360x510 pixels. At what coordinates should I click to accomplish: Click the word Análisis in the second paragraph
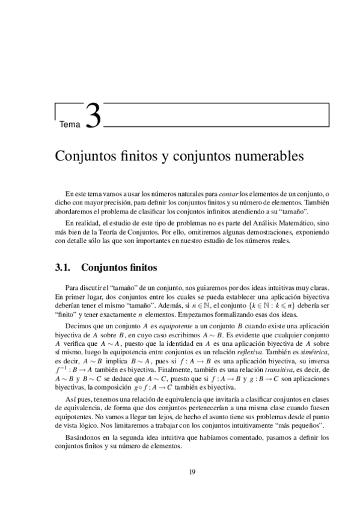pos(257,223)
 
